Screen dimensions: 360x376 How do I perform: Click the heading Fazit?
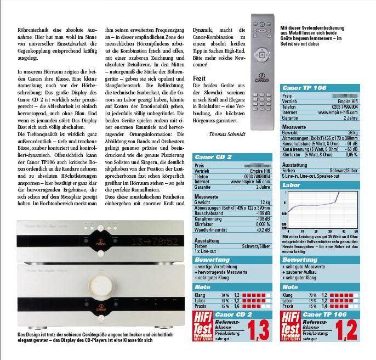point(200,79)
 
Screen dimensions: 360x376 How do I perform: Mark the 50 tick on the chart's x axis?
point(356,232)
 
